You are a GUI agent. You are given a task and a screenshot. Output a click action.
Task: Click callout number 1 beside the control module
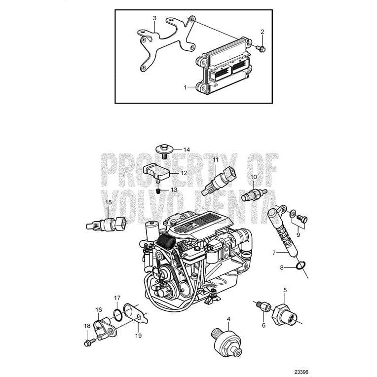186,87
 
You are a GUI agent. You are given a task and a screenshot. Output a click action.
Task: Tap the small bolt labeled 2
262,48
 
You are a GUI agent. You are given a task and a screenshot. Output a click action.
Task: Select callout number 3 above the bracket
154,19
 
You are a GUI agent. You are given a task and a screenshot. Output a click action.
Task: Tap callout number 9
298,234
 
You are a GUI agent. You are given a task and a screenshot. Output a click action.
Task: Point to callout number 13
173,189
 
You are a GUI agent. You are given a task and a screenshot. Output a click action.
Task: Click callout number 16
99,310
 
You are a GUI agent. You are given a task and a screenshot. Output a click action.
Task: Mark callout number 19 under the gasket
138,336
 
